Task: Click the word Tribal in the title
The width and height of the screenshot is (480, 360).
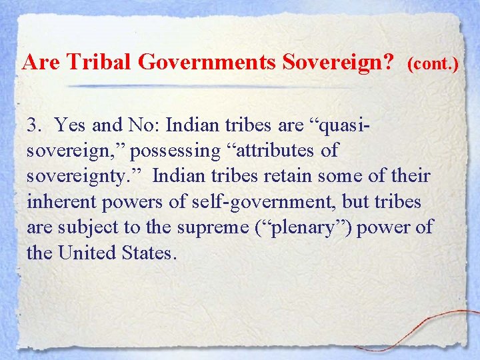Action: click(107, 63)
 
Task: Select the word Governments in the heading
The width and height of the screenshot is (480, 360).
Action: click(207, 63)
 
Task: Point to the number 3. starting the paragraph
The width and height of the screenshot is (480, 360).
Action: click(34, 125)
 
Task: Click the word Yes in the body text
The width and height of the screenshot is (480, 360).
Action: click(69, 125)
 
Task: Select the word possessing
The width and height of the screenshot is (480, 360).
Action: click(175, 151)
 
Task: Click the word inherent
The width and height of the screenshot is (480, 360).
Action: click(55, 202)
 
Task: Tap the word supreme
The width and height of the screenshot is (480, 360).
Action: click(217, 228)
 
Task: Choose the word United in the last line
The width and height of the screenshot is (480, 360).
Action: click(87, 253)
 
